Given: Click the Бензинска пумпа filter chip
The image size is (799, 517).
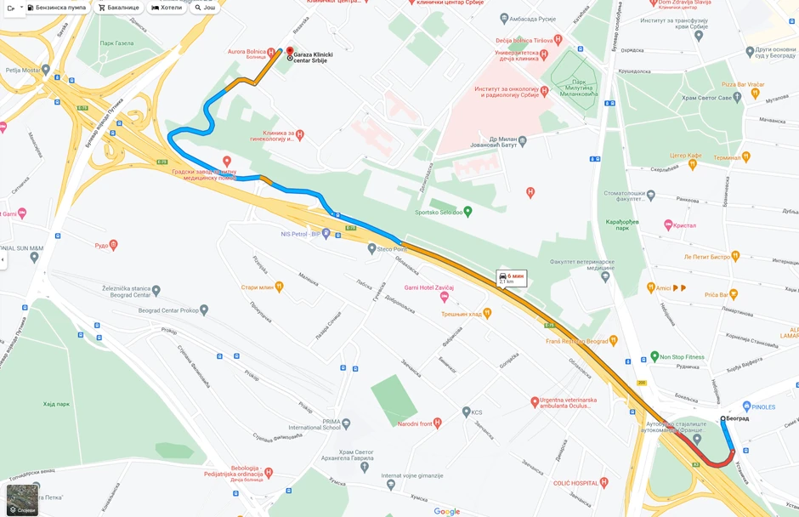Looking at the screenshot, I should pos(57,8).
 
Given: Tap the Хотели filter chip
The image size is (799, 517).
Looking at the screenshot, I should pos(167,8).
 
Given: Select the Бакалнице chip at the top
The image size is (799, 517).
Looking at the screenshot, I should pos(118,8).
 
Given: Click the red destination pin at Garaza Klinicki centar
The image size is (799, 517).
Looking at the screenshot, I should pos(290,52).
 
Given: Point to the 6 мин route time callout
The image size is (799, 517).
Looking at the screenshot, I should pos(512,278).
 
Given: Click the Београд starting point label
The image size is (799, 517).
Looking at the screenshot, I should pos(737,418).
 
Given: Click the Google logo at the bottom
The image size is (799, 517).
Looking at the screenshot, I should pos(446,511).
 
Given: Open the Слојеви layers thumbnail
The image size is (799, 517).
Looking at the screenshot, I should pos(22,500).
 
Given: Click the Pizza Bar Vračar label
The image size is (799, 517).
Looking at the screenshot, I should pos(743,85).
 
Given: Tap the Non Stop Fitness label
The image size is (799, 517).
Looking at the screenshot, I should pos(683,357).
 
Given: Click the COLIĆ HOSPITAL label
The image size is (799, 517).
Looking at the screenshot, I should pos(575,483).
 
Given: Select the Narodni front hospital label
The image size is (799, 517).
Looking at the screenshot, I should pos(419,423).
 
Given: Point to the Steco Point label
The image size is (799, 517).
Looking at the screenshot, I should pos(392,249).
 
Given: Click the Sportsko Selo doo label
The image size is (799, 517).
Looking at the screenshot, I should pos(438,212).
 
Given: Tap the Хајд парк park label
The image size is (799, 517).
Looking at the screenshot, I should pos(56,404).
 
